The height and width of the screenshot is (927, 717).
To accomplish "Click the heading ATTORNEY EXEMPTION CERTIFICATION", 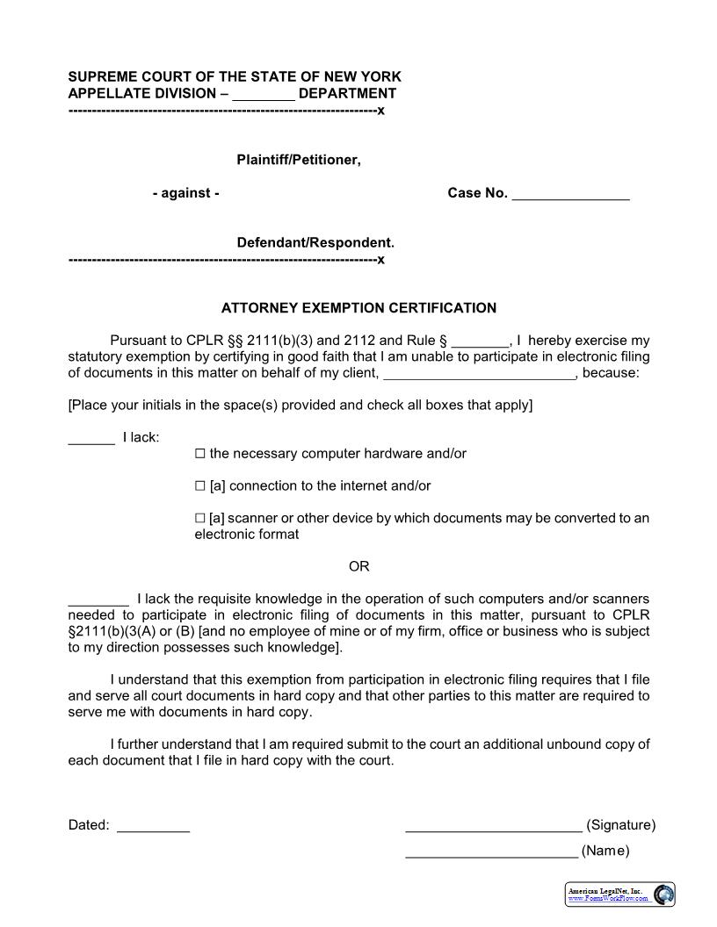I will coord(358,308).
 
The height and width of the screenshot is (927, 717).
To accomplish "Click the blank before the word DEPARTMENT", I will coord(264,95).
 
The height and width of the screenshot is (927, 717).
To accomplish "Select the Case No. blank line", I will coord(570,195).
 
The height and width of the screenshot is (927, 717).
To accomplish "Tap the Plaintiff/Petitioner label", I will coord(299,160).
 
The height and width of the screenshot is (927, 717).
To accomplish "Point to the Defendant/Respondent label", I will coord(315,242).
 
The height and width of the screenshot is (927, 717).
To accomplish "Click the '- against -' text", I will coord(185,193).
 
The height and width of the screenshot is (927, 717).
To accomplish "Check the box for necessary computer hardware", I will coord(199,454).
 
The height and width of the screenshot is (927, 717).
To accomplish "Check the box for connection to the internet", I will coord(199,486).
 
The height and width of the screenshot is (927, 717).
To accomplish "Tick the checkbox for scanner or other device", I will coord(199,519).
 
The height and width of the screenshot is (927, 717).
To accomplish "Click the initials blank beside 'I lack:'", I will coord(91,438).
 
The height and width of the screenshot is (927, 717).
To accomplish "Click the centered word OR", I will coord(359,566).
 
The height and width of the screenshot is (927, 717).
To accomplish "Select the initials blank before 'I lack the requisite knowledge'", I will coord(98,600).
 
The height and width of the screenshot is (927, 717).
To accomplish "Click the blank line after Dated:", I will coord(153,827).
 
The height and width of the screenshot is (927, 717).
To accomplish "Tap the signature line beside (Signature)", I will coord(493,827).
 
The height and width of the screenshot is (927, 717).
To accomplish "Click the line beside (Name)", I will coord(491,852).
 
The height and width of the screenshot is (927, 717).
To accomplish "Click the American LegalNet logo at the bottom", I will coord(619,895).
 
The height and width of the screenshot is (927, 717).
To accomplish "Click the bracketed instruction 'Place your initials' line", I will coord(301,406).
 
